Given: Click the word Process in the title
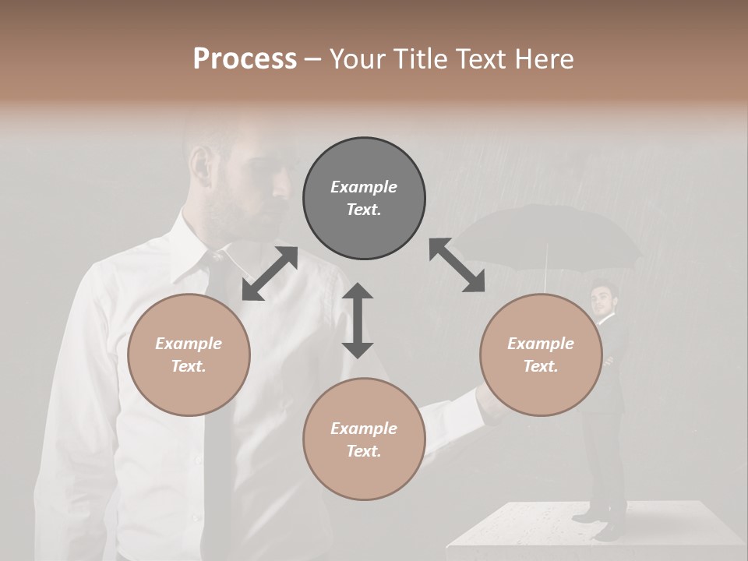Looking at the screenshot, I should click(245, 59).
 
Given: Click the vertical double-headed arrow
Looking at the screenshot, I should click(358, 320).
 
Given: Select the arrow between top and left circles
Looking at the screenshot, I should click(270, 273).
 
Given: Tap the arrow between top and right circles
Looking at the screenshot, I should click(457, 266).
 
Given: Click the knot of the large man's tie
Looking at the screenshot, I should click(216, 256).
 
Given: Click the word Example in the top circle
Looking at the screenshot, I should click(364, 187).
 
